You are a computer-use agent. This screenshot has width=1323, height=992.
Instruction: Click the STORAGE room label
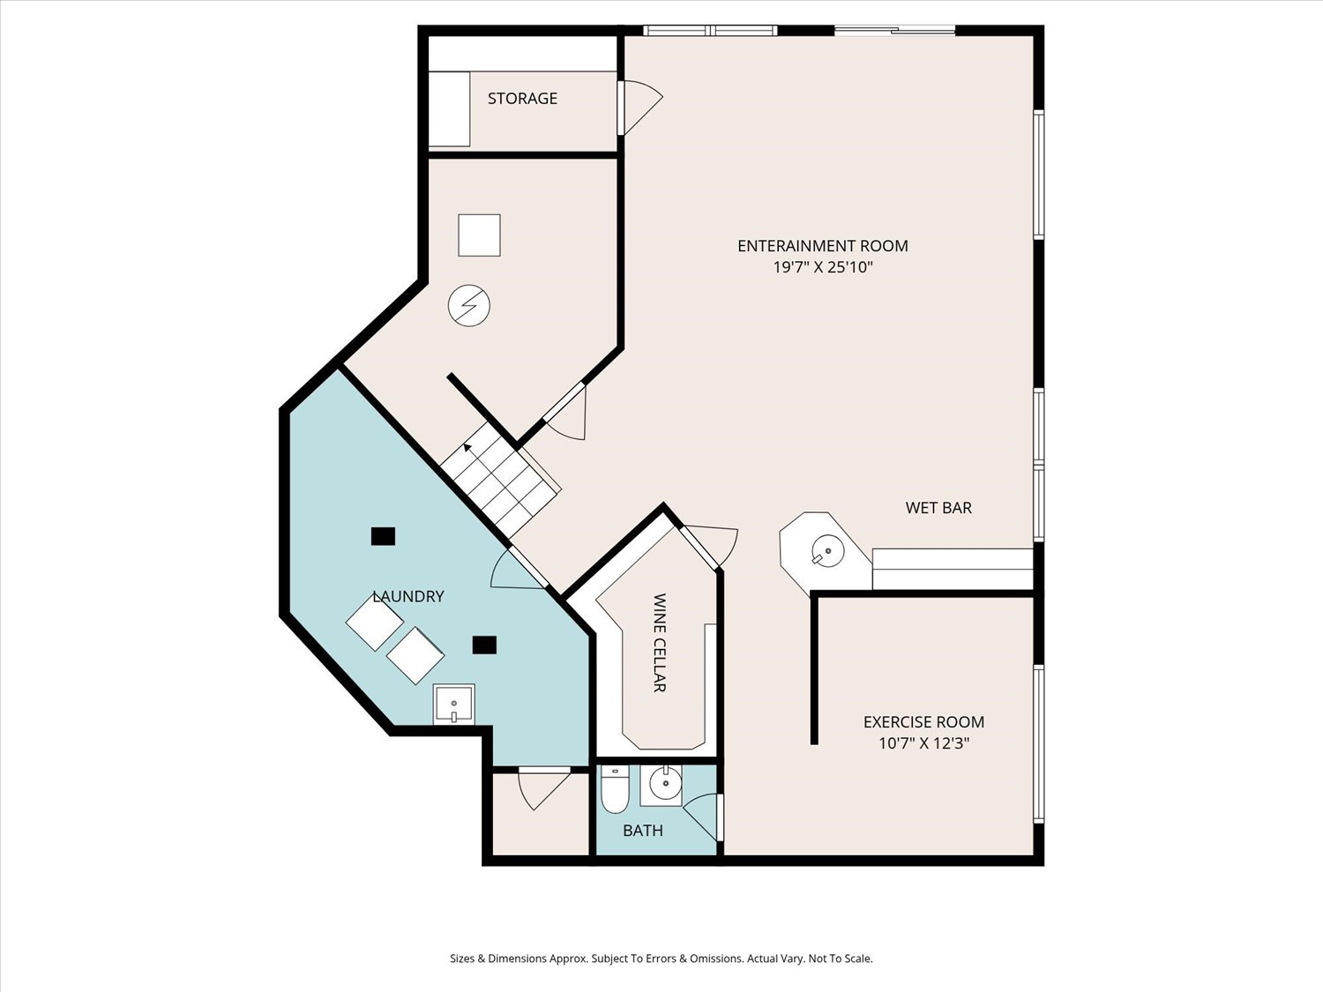point(522,98)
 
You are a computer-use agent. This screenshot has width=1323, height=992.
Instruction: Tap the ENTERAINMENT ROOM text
point(823,246)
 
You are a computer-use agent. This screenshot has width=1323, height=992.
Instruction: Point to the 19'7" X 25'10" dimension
point(823,267)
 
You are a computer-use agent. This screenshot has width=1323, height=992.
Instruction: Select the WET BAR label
point(938,508)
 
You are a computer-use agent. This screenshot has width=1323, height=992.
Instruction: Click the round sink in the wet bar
point(827,550)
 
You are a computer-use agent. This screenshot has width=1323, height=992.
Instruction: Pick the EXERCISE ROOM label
point(923,721)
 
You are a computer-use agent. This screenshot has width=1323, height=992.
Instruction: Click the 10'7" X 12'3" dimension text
point(923,743)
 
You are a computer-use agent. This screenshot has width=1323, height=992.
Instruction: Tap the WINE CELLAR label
point(660,643)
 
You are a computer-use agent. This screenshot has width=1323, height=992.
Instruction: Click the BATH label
point(642,831)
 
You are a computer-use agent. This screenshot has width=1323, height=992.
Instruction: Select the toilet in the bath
point(615,789)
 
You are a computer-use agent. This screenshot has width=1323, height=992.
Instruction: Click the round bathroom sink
point(665,783)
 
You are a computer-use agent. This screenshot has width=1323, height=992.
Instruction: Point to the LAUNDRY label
point(408,596)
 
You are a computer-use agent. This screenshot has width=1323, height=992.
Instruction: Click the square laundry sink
point(453,704)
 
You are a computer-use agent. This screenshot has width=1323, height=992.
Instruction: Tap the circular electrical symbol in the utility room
point(469,305)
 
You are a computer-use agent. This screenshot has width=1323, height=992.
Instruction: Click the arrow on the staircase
point(467,448)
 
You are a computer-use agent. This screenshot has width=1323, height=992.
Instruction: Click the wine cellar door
point(699,548)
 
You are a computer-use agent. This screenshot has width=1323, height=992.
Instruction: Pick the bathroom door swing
point(702,817)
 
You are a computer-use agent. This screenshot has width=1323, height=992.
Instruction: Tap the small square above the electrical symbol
point(479,235)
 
